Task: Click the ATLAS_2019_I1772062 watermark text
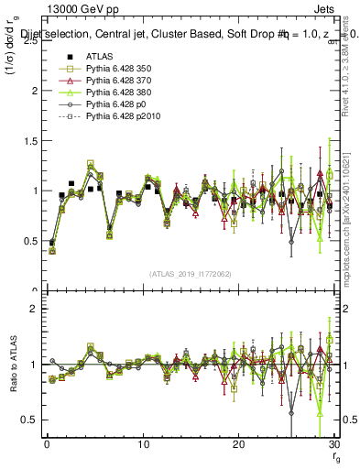coord(190,274)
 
